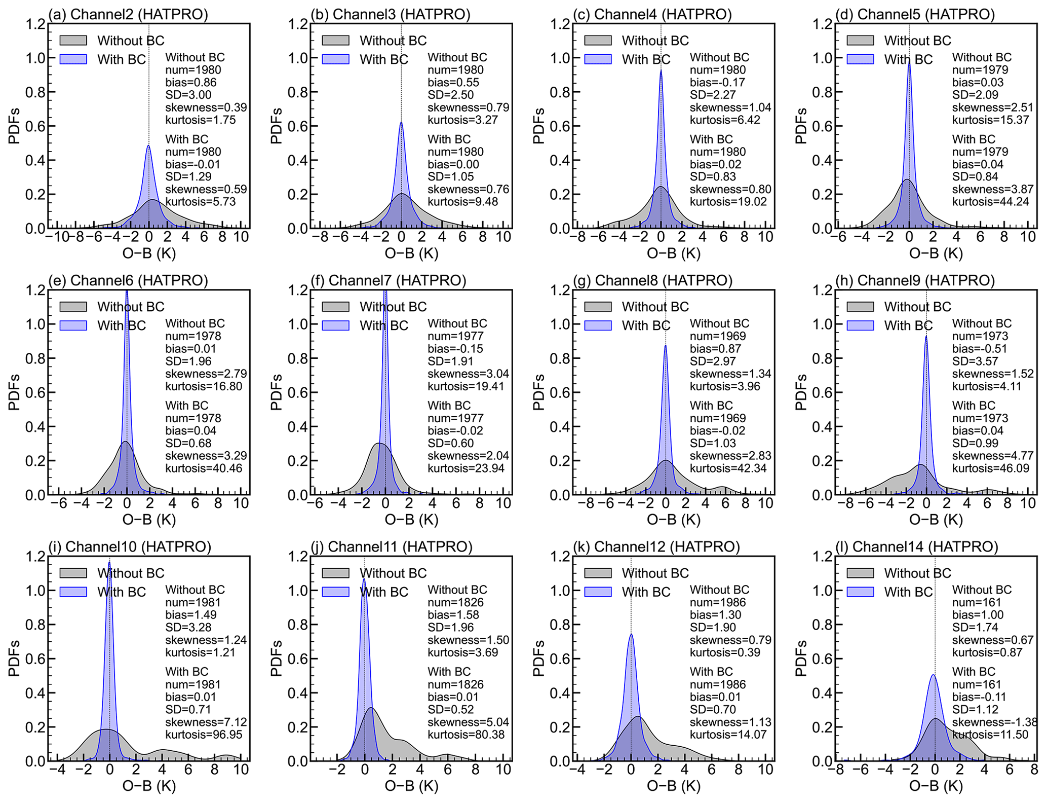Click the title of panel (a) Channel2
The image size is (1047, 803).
(128, 14)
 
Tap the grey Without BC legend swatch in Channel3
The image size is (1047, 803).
(335, 40)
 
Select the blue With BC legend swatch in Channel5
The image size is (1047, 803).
(860, 59)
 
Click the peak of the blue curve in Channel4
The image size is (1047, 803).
(661, 70)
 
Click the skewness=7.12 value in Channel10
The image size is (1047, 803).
(206, 722)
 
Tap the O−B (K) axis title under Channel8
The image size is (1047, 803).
(674, 520)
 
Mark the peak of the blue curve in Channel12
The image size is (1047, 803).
(631, 634)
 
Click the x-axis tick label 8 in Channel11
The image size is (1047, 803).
(475, 770)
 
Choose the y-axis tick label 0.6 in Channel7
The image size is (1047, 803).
(298, 392)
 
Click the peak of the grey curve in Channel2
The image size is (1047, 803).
(152, 200)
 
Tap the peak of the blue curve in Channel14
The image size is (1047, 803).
(933, 675)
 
